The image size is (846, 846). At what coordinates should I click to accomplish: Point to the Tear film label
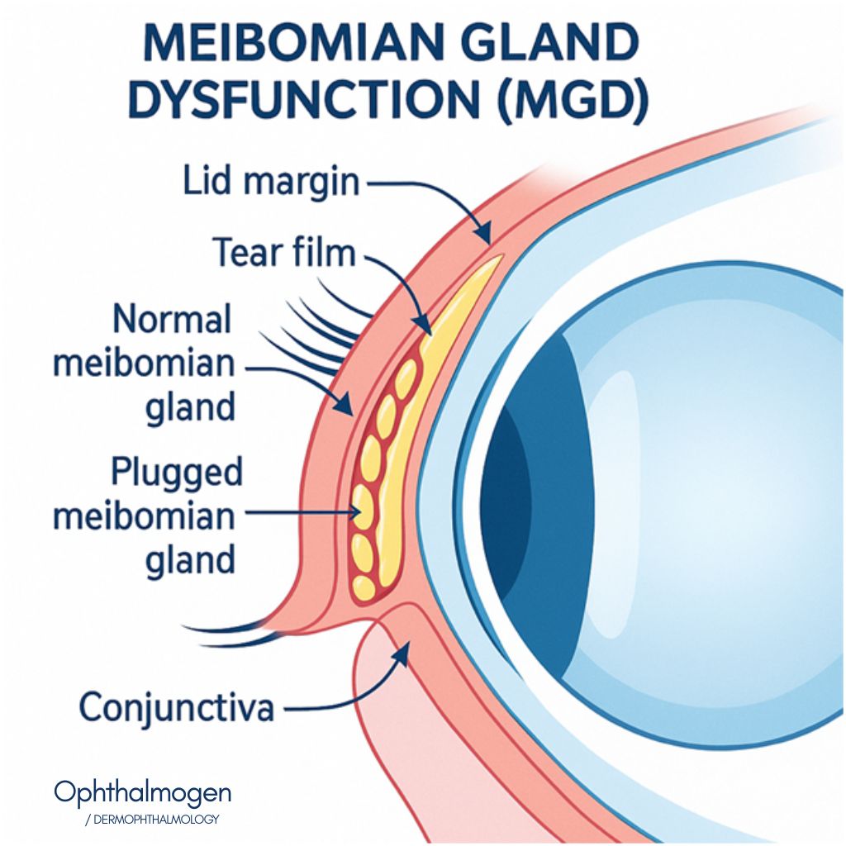tap(286, 252)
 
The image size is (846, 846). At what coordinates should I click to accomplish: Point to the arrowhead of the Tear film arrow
tap(425, 326)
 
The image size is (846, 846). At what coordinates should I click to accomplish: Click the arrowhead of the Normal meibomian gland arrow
tap(347, 406)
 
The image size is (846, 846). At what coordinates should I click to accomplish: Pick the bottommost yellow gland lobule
tap(364, 588)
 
